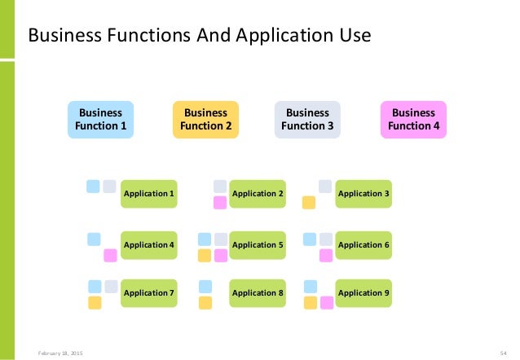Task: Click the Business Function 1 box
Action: coord(100,119)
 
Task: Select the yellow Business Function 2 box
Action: coord(205,119)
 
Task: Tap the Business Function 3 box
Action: coord(307,119)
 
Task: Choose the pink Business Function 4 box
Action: coord(413,119)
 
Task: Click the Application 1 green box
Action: coord(148,193)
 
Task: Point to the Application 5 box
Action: coord(258,244)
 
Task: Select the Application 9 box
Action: coord(364,292)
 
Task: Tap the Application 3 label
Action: coord(364,193)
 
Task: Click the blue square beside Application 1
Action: coord(93,186)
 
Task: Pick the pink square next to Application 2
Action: coord(220,203)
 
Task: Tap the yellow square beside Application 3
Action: coord(309,203)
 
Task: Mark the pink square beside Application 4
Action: coord(110,256)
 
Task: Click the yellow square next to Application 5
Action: coord(205,256)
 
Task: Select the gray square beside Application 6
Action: coord(326,239)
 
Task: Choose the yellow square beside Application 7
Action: coord(95,303)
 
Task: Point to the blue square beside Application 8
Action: coord(205,286)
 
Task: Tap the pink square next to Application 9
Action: coord(326,303)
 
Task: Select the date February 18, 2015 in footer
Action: coord(60,352)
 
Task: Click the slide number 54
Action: coord(503,352)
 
